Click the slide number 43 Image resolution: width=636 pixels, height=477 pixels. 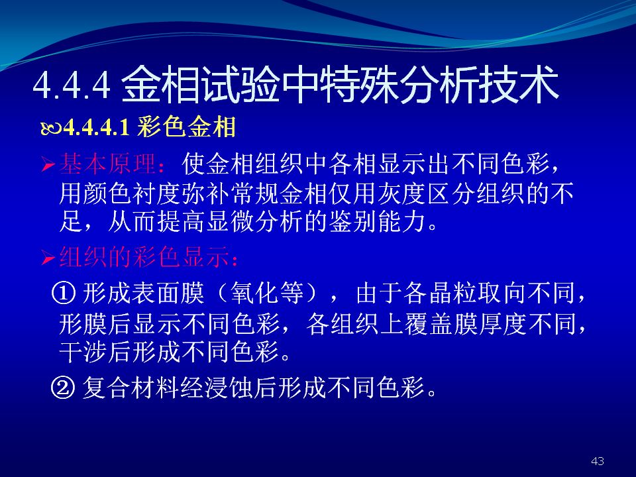[x=598, y=461]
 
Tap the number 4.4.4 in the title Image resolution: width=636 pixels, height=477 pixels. [x=72, y=85]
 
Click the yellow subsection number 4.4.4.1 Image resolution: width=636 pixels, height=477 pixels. [x=97, y=127]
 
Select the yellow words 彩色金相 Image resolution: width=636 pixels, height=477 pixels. [x=186, y=127]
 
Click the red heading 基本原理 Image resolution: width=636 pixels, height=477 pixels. [x=108, y=164]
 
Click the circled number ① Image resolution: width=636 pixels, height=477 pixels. [x=63, y=293]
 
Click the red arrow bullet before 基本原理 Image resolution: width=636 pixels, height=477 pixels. [x=48, y=165]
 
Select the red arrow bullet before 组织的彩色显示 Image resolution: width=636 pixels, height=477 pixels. [x=48, y=258]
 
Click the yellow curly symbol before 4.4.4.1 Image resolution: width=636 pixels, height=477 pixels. [x=51, y=129]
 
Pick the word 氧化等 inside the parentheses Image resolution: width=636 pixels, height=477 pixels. [x=267, y=293]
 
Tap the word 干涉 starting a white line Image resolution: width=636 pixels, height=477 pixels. [x=83, y=351]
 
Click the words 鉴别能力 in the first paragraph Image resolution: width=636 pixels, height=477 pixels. [x=378, y=221]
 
